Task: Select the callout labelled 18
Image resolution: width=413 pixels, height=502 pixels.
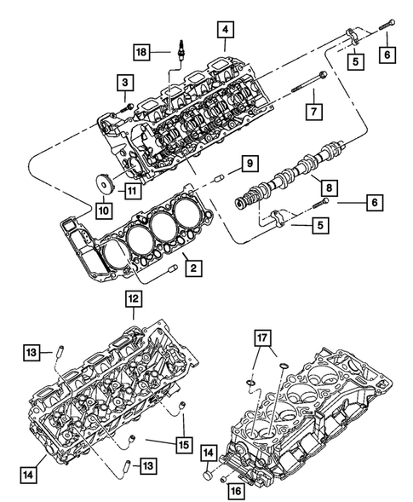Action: (x=142, y=53)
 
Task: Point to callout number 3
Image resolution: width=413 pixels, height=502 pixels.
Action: (x=125, y=82)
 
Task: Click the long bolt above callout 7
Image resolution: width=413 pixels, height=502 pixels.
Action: (x=302, y=84)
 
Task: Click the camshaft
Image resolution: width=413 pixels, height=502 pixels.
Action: (x=281, y=176)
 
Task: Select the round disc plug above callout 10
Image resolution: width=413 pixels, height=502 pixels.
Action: (x=106, y=182)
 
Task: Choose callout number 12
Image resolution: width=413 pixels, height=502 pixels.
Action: (x=135, y=298)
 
